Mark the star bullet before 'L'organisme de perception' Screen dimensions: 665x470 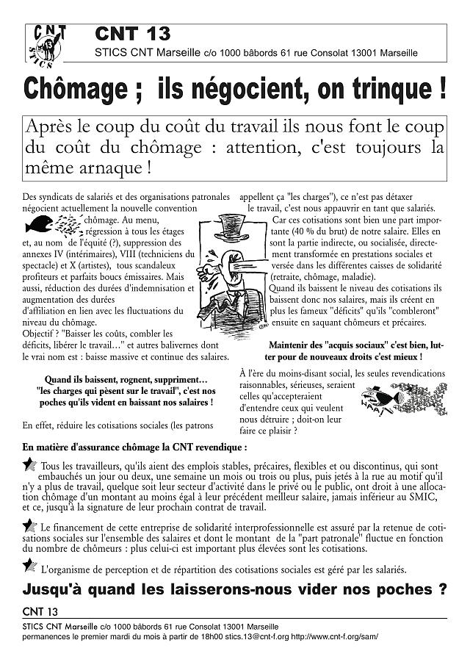(29, 565)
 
